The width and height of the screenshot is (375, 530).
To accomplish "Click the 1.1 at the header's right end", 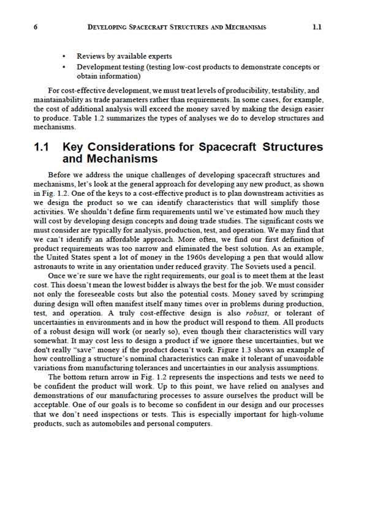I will [317, 28].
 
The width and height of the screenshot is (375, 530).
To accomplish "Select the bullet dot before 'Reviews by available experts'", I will [64, 56].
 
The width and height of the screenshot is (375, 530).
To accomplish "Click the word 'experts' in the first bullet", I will [159, 56].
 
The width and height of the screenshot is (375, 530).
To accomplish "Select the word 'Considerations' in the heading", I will [131, 148].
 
